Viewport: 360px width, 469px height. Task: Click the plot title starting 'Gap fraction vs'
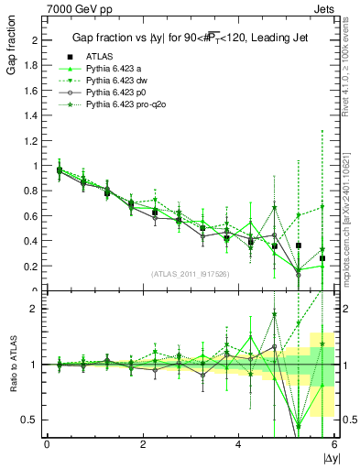click(190, 38)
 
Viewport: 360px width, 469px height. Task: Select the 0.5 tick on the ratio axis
click(30, 420)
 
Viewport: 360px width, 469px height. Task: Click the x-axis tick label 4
click(238, 444)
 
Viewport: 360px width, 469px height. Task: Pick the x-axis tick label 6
click(333, 444)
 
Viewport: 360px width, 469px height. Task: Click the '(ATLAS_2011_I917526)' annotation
click(190, 273)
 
